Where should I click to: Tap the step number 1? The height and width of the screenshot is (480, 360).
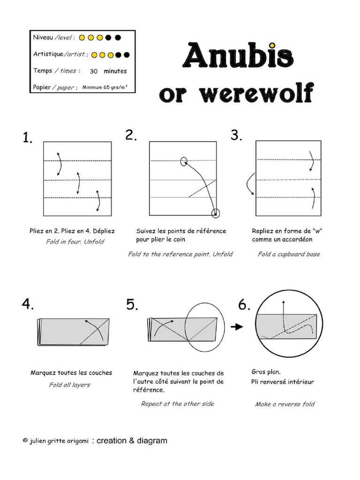tap(27, 138)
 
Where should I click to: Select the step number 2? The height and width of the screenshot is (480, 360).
tap(131, 135)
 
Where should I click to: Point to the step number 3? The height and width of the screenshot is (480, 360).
tap(236, 135)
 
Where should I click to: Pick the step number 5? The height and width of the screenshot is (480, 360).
tap(132, 305)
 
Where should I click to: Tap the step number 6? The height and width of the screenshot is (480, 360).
tap(244, 305)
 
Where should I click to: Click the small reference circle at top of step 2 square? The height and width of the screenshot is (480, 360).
tap(183, 162)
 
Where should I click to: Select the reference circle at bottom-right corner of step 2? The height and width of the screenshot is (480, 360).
tap(216, 214)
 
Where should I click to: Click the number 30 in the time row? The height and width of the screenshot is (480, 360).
tap(94, 71)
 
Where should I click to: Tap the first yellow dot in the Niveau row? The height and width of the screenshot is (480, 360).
tap(82, 37)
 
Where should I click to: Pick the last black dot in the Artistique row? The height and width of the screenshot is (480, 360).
tap(126, 55)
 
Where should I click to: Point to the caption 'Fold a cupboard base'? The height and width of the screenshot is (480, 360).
tap(289, 254)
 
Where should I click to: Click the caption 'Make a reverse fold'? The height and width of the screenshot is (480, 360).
tap(285, 404)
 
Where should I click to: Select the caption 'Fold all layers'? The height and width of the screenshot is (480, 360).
tap(69, 385)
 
